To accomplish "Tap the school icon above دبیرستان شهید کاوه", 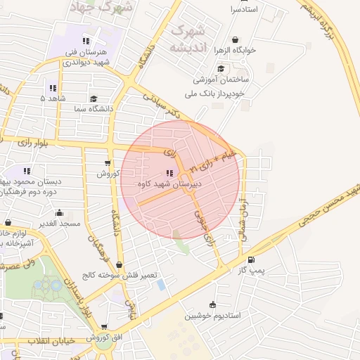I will tap(169, 173).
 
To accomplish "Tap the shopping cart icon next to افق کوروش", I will tap(105, 327).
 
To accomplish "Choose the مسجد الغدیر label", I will tap(60, 223).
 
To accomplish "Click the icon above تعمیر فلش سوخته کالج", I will tap(119, 264).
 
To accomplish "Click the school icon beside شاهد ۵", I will tap(53, 89).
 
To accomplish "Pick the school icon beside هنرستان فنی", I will tap(86, 41).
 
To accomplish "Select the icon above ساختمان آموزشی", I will tap(221, 69).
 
